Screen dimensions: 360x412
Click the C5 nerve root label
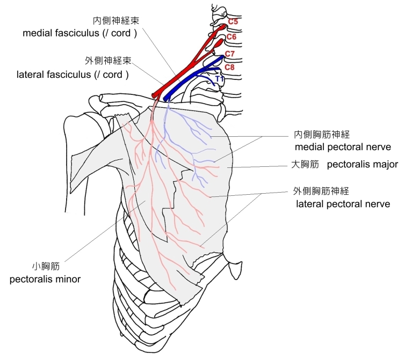(x=233, y=22)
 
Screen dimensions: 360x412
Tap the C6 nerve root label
(x=232, y=36)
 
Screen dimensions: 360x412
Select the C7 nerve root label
(x=230, y=54)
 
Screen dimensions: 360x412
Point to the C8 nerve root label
(x=229, y=67)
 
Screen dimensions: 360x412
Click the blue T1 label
(x=219, y=79)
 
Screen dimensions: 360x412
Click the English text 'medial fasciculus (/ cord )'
(x=81, y=33)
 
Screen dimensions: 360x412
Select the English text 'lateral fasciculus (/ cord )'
(x=73, y=75)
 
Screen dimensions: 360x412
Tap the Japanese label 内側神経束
(x=112, y=21)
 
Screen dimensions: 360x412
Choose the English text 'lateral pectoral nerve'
(x=343, y=204)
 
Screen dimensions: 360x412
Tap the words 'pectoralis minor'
(x=45, y=279)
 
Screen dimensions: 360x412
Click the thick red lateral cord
(x=183, y=70)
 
